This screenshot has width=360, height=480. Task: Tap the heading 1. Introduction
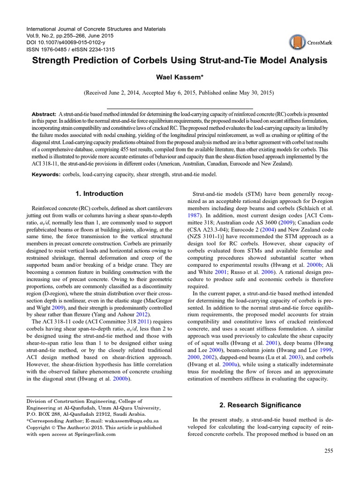tap(99, 194)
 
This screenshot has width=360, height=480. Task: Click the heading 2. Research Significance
tap(261, 405)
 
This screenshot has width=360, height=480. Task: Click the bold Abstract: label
tap(44, 114)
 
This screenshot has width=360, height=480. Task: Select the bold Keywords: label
tap(46, 174)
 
